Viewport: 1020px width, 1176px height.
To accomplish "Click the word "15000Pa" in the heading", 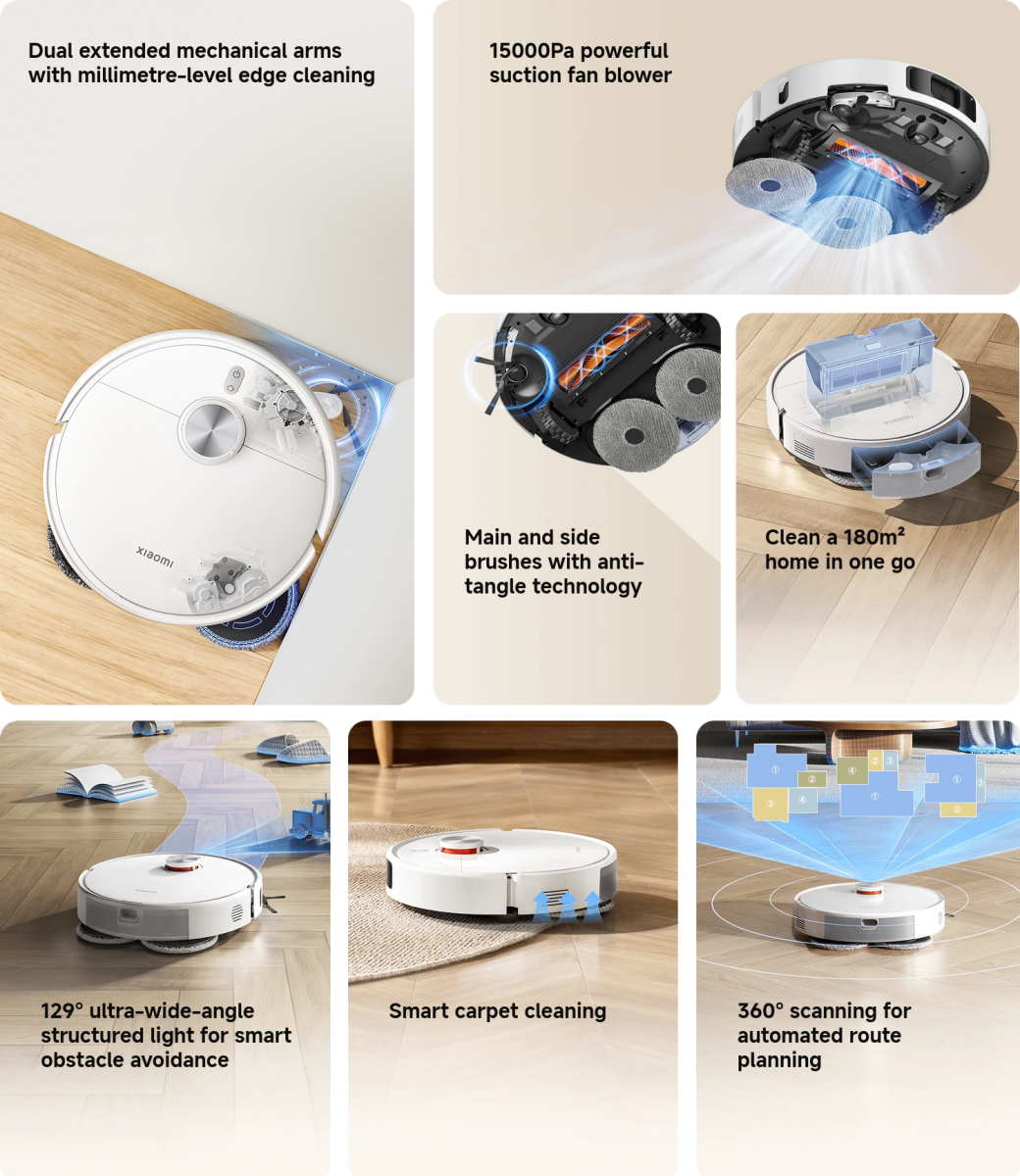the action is point(532,51).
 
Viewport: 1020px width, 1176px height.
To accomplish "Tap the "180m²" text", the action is point(874,536).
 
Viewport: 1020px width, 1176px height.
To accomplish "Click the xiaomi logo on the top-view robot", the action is point(154,556).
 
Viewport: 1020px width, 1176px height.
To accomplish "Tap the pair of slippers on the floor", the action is point(292,748).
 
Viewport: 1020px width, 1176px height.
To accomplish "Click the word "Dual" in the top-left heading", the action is point(51,51).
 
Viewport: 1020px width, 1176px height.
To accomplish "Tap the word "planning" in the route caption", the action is point(779,1060).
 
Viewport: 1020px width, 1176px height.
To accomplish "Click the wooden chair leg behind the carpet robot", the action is point(382,744).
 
